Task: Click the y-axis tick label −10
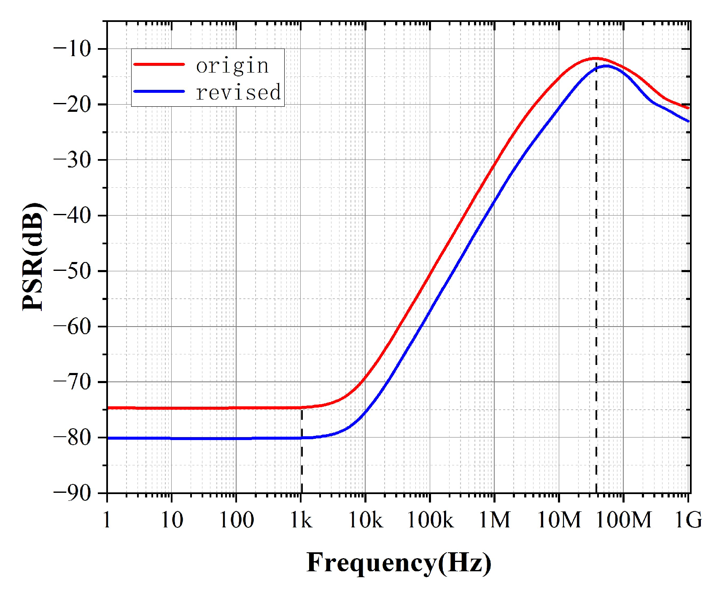(x=73, y=49)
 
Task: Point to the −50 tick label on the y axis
(x=73, y=271)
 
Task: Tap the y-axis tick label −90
(x=73, y=493)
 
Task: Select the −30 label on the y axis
(x=73, y=160)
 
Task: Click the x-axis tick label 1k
(x=301, y=520)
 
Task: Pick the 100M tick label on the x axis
(x=623, y=520)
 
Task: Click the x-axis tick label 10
(x=172, y=520)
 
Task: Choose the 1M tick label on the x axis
(x=494, y=520)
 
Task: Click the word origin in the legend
(x=232, y=66)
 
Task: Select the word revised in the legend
(x=238, y=92)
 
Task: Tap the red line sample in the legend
(x=159, y=65)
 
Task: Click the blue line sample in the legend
(x=159, y=92)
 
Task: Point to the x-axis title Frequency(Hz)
(x=399, y=563)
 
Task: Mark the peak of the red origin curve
(x=595, y=58)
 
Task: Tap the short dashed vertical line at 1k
(x=302, y=451)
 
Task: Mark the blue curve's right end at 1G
(x=688, y=121)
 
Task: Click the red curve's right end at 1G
(x=688, y=108)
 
